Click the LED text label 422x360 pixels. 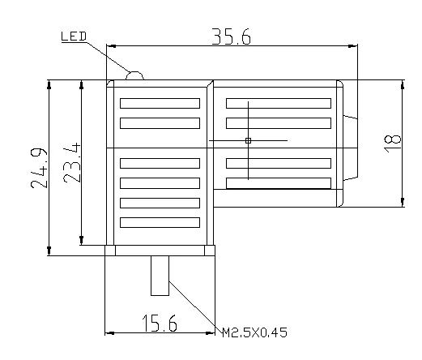point(75,36)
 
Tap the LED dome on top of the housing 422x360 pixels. point(134,75)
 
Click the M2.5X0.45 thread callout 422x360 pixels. point(254,332)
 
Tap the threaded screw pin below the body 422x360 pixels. point(160,276)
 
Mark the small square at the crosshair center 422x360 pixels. point(249,141)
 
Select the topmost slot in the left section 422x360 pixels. point(160,104)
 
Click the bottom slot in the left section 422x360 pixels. point(160,221)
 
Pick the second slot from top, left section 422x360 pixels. point(160,123)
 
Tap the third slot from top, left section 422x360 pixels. point(160,163)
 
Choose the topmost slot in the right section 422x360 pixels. point(278,104)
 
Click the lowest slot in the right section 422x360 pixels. point(278,182)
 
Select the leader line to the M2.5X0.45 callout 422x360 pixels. point(194,305)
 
